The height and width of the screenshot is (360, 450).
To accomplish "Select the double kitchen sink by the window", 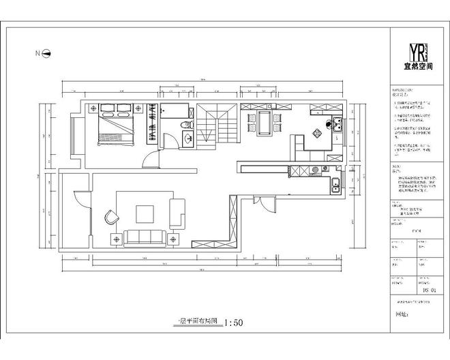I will (x=335, y=184).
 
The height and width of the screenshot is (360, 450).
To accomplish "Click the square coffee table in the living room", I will (x=145, y=214).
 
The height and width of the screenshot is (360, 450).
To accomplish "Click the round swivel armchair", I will (x=111, y=217).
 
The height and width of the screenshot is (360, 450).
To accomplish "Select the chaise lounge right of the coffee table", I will (x=177, y=213).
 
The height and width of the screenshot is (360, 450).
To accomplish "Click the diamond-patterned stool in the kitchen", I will (x=316, y=132).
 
